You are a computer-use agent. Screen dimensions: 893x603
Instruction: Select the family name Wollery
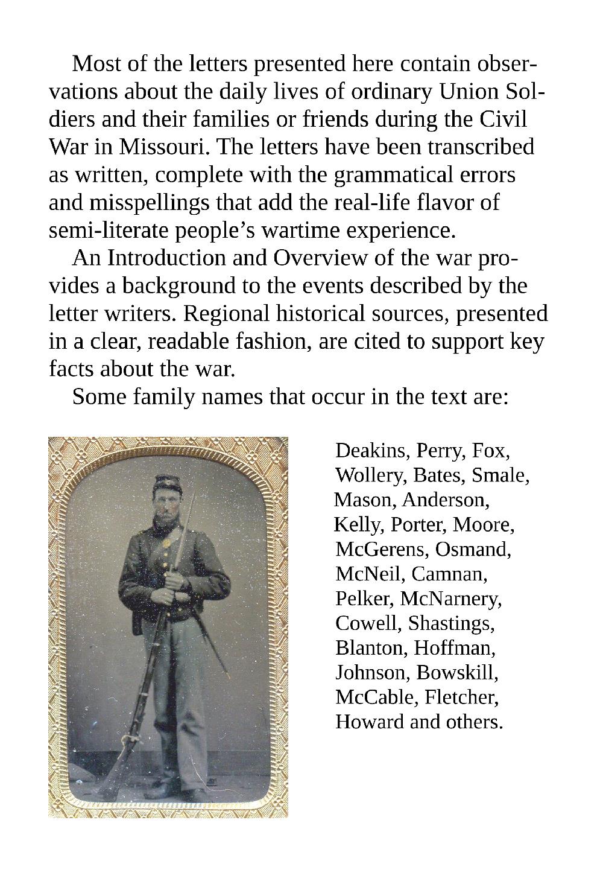pyautogui.click(x=371, y=475)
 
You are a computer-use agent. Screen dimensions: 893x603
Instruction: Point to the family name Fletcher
pyautogui.click(x=461, y=697)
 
